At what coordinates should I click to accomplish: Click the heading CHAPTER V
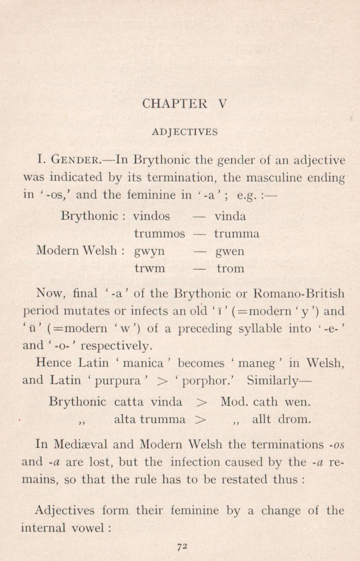(184, 104)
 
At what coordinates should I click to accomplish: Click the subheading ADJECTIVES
(184, 132)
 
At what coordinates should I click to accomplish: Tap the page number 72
(182, 547)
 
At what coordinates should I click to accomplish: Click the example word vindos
(151, 216)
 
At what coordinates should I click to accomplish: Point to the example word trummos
(159, 234)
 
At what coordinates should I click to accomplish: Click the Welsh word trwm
(150, 269)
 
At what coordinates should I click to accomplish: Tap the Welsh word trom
(230, 269)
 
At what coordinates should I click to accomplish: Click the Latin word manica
(143, 363)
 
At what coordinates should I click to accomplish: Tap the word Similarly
(279, 380)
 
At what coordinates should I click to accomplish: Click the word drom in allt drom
(294, 419)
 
